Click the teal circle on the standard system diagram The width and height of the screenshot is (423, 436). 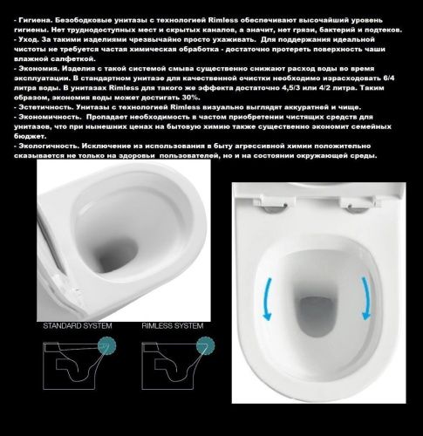[109, 348]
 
